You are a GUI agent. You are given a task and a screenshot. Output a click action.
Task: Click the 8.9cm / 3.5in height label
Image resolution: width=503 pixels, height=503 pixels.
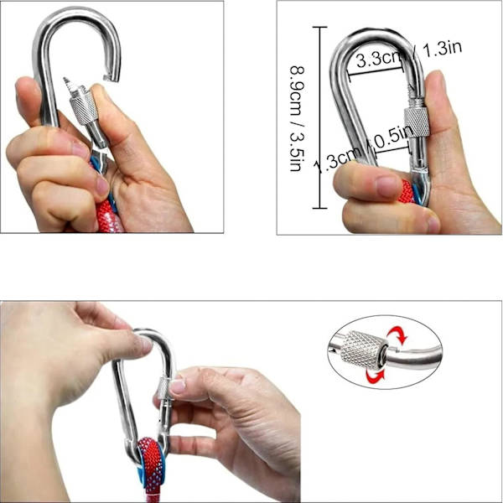click(298, 119)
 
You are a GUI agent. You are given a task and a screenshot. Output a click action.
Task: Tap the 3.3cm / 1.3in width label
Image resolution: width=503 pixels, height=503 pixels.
click(409, 54)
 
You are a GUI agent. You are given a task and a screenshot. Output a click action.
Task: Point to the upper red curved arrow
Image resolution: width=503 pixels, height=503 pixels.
click(397, 335)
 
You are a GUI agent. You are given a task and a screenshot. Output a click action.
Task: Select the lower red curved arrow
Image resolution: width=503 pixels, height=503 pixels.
click(376, 376)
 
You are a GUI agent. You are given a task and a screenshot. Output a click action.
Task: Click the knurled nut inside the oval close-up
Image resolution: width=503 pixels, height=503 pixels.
click(362, 350)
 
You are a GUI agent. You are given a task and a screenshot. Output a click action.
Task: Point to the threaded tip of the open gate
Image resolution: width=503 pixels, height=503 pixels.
click(69, 83)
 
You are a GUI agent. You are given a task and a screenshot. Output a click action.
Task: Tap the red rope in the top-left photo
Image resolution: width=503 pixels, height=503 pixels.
click(108, 215)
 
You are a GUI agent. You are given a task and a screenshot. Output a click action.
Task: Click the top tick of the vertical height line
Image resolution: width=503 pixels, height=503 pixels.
click(320, 28)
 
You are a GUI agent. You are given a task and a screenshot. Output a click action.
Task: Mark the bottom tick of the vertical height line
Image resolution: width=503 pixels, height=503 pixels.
click(320, 208)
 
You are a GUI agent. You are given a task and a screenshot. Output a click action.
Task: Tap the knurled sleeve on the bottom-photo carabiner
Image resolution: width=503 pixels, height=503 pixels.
click(164, 388)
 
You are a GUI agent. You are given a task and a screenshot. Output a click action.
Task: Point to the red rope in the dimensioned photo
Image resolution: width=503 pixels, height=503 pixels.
click(407, 191)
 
